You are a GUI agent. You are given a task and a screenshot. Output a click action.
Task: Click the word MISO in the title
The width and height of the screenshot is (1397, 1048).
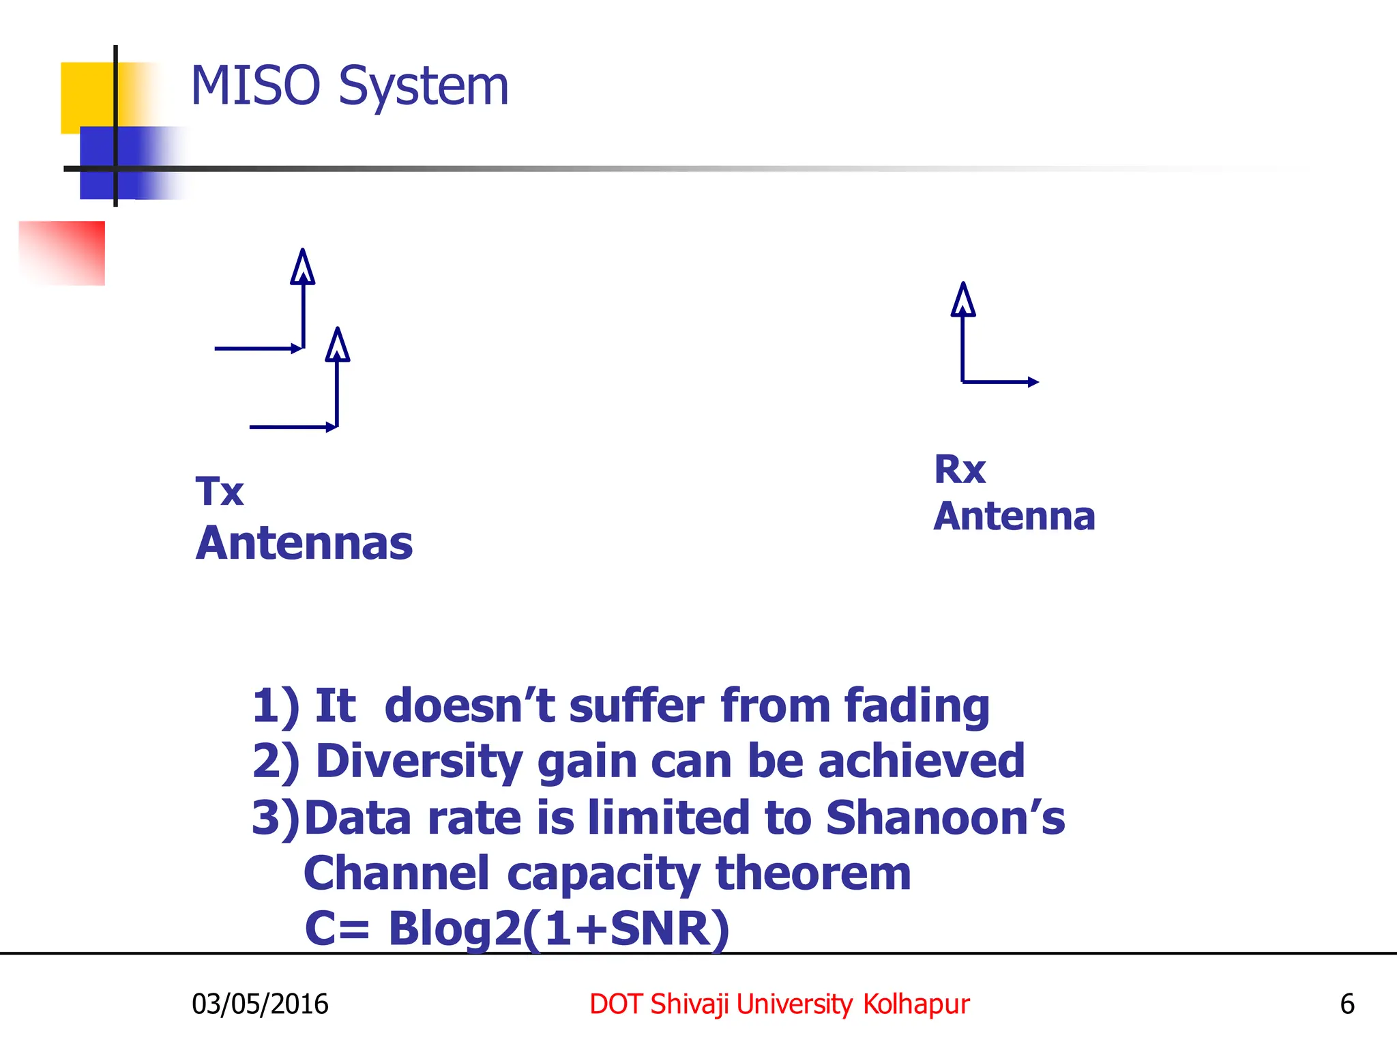click(x=255, y=87)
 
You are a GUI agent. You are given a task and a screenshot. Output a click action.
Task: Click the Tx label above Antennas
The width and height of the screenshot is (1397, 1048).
click(x=219, y=491)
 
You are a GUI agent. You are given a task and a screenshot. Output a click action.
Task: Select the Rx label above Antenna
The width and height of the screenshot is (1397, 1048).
click(x=959, y=469)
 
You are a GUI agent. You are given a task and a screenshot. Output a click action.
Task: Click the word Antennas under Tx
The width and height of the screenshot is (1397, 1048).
click(x=304, y=544)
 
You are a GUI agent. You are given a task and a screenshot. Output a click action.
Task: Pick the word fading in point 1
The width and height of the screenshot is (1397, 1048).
click(x=917, y=706)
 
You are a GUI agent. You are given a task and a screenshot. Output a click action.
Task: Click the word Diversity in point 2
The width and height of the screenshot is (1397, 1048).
click(x=420, y=761)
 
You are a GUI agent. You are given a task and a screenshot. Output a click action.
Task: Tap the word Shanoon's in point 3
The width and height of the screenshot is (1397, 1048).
click(x=945, y=817)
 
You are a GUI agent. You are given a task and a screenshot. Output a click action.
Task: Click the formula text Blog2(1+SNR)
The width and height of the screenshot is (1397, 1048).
click(x=559, y=929)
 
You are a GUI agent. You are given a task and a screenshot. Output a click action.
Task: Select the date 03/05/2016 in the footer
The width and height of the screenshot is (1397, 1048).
click(x=260, y=1004)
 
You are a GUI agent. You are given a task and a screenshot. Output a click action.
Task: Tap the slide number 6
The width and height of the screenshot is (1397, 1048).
click(x=1347, y=1004)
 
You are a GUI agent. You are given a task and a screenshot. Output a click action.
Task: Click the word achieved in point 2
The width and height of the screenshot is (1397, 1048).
click(x=921, y=761)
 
